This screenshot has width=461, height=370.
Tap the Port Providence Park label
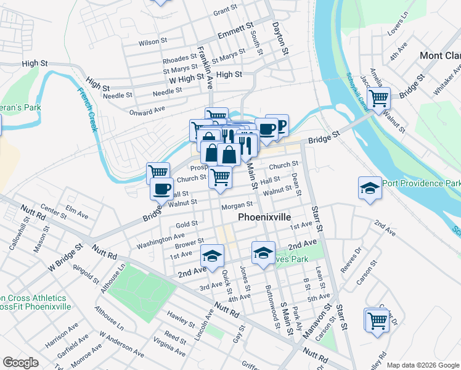(x=422, y=184)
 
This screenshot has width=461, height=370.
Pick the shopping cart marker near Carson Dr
(x=377, y=319)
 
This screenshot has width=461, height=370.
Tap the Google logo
(x=20, y=363)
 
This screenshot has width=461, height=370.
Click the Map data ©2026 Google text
(x=423, y=364)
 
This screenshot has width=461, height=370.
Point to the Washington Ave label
(x=160, y=236)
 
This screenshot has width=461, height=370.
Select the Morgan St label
(x=237, y=205)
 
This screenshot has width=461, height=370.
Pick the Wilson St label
(x=153, y=43)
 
